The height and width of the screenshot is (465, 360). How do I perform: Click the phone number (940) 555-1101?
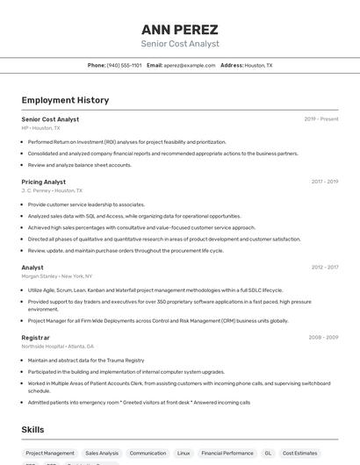point(124,65)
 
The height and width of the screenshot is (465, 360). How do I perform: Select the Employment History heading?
point(65,100)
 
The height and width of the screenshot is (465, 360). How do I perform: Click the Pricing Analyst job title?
point(44,182)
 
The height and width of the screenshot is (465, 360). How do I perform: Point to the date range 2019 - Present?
point(321,119)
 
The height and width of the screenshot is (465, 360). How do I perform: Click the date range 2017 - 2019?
point(325,182)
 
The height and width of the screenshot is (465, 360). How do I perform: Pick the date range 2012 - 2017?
point(325,267)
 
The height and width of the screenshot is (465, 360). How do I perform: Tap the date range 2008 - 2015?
point(323,337)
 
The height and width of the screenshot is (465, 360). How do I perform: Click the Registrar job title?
point(36,337)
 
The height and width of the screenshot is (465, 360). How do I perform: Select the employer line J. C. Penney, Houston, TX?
point(52,190)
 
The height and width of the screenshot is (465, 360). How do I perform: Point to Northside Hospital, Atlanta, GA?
point(58,346)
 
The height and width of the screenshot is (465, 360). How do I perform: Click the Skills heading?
point(32,429)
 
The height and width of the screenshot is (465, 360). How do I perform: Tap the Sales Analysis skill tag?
point(102,454)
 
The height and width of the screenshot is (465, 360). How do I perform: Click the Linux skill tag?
point(184,454)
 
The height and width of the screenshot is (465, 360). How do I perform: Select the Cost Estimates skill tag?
point(300,454)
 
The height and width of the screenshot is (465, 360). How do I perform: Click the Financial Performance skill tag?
point(227,454)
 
